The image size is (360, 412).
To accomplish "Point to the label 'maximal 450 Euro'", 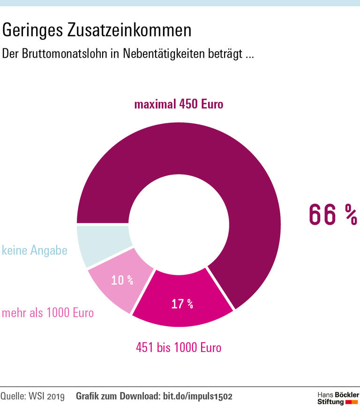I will [179, 104].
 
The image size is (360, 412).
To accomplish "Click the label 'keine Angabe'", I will [35, 251].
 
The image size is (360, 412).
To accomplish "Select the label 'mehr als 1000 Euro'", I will [48, 313].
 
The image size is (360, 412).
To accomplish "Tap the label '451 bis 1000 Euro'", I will [179, 348].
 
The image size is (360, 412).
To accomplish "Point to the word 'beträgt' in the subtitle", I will [225, 53].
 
